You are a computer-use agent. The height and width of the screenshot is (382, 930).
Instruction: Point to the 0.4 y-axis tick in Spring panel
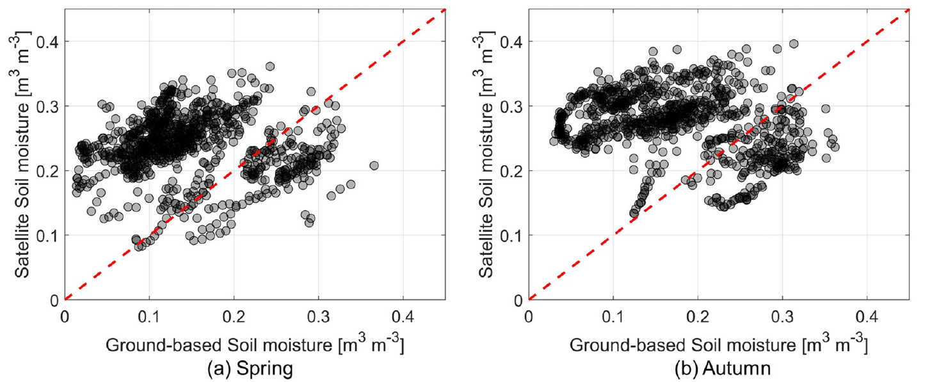click(x=49, y=42)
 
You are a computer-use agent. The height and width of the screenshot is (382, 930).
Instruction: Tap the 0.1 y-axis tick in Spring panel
click(x=49, y=235)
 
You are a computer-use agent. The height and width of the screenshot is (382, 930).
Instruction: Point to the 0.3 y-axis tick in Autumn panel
click(x=513, y=106)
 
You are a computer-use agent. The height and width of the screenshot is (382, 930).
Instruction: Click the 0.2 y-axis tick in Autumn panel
click(x=513, y=171)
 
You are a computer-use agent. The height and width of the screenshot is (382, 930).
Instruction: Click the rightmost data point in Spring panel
click(x=374, y=166)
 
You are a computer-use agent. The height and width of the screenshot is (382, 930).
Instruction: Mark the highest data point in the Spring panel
click(x=270, y=67)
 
